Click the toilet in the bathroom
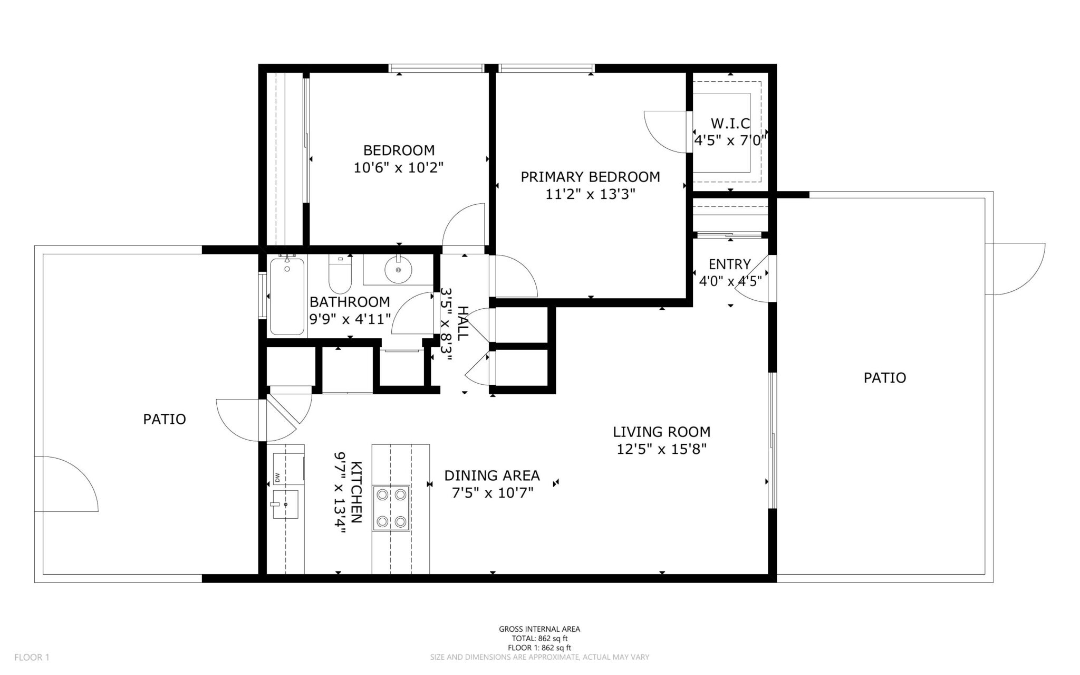pos(340,274)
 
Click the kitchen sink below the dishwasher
pos(285,505)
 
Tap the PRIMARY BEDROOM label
pos(590,177)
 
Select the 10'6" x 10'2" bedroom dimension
pos(398,168)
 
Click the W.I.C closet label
pos(730,123)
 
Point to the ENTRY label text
pos(729,264)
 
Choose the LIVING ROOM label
pos(661,432)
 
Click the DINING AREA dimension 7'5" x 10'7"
pos(493,493)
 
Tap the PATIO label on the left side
pos(165,419)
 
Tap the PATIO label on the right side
pos(884,378)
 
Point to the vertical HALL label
pos(462,324)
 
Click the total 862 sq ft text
pos(539,638)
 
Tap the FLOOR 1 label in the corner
pos(32,658)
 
